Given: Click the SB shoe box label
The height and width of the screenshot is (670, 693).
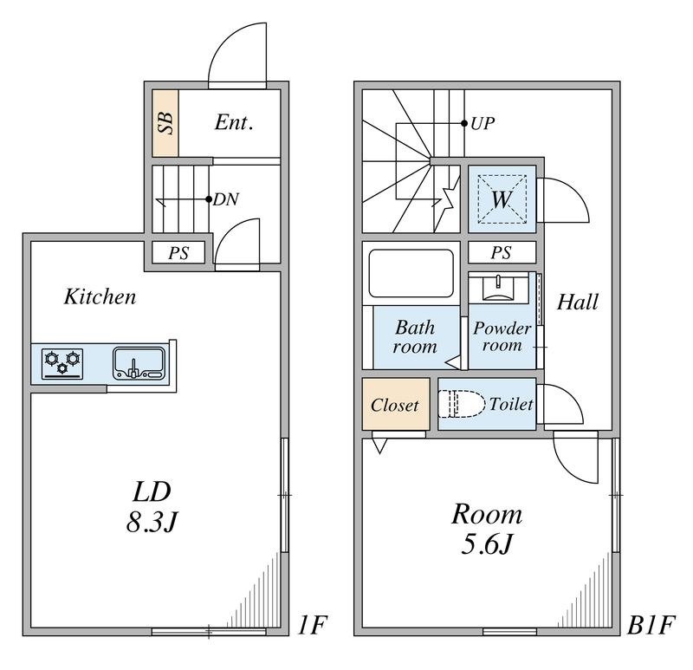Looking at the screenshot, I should [x=165, y=123].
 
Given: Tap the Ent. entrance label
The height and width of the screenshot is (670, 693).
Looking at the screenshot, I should [x=234, y=123].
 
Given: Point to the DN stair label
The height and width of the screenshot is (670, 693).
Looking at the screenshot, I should [x=226, y=199].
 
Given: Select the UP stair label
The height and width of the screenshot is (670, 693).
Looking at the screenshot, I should [x=483, y=123].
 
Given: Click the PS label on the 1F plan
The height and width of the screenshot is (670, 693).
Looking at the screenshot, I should [x=179, y=253].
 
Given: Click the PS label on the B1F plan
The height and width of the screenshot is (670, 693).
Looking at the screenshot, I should [x=501, y=253].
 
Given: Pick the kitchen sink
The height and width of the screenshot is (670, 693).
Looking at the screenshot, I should [x=138, y=362].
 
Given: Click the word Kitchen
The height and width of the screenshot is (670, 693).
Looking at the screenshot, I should [x=100, y=297].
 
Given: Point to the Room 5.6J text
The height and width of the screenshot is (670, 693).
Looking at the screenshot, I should [x=486, y=529].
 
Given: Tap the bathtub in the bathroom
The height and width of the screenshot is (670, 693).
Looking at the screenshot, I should [x=412, y=273].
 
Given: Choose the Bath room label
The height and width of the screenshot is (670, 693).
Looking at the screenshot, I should [x=415, y=337].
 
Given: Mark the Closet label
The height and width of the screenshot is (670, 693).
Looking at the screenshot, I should [x=395, y=405].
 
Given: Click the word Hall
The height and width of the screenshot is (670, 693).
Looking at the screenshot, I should [x=578, y=302].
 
